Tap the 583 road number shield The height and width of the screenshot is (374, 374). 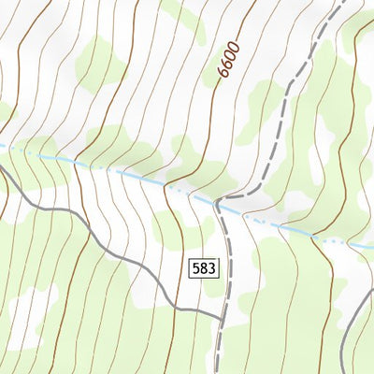(203, 268)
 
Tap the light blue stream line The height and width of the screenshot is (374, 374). (112, 169)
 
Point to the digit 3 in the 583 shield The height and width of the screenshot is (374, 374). (210, 268)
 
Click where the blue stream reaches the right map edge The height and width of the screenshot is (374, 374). (372, 247)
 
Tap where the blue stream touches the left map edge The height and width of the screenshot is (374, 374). (1, 146)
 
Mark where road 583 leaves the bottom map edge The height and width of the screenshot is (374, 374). (217, 372)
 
